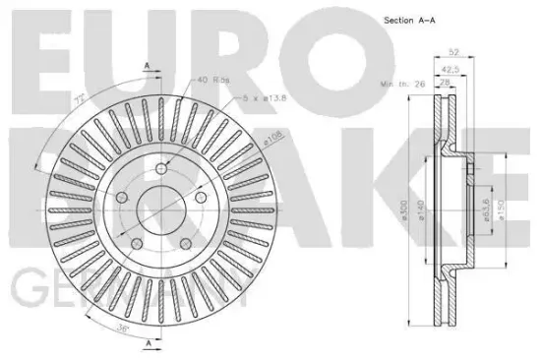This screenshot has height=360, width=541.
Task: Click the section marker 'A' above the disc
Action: point(148,66)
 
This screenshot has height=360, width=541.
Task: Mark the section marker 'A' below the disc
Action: point(148,343)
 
